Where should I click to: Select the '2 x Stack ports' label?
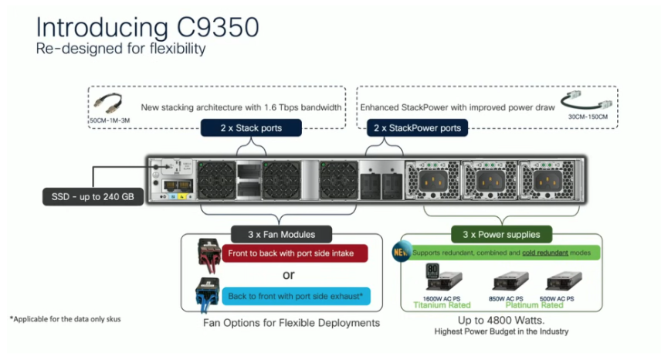(242, 128)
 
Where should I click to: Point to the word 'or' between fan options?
(287, 274)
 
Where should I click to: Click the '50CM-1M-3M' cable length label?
(111, 121)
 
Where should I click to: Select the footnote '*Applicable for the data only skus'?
(65, 318)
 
